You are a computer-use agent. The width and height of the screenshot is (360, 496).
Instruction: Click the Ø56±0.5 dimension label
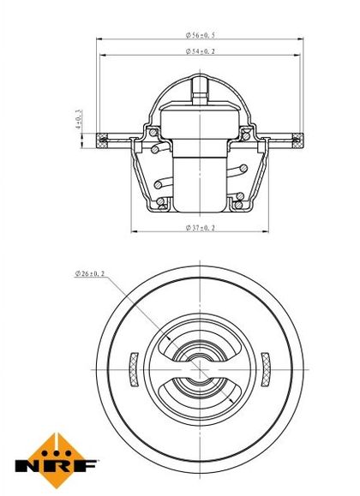click(200, 35)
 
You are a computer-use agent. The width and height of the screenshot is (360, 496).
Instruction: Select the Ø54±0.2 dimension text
click(200, 51)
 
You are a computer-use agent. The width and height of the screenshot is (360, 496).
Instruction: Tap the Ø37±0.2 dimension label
click(200, 227)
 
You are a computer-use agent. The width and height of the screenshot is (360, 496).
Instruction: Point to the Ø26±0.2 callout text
click(90, 273)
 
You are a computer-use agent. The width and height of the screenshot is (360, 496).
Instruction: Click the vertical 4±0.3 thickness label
click(79, 119)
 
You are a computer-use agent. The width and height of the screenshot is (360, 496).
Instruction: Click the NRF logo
click(56, 461)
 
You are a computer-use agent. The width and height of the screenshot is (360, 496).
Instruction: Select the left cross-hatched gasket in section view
click(102, 140)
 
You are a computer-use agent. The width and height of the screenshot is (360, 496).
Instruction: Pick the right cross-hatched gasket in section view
click(298, 140)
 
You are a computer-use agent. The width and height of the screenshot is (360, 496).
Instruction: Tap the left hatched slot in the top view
click(135, 369)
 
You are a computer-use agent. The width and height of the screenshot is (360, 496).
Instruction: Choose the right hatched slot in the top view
click(266, 369)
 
